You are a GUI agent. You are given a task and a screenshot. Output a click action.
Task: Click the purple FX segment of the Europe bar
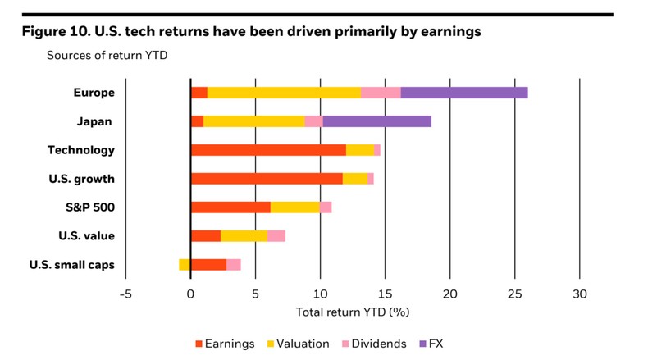pos(463,93)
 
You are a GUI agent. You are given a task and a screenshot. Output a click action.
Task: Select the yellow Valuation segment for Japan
pos(253,121)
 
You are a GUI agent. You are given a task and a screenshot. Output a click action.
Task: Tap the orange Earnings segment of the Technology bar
pos(267,150)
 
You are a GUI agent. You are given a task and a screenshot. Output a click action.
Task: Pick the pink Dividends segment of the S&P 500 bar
pos(326,207)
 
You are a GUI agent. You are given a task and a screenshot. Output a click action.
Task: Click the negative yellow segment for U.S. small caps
pos(185,264)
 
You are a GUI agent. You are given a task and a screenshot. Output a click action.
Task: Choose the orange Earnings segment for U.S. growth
pos(266,179)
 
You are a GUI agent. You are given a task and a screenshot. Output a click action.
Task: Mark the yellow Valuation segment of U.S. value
pos(244,236)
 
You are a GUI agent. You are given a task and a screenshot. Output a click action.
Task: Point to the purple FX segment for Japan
pos(376,121)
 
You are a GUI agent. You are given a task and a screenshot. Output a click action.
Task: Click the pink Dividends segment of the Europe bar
pos(381,93)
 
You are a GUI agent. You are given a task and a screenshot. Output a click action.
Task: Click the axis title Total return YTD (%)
pos(352,312)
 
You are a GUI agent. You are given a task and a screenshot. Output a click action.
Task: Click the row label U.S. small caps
pos(71,264)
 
